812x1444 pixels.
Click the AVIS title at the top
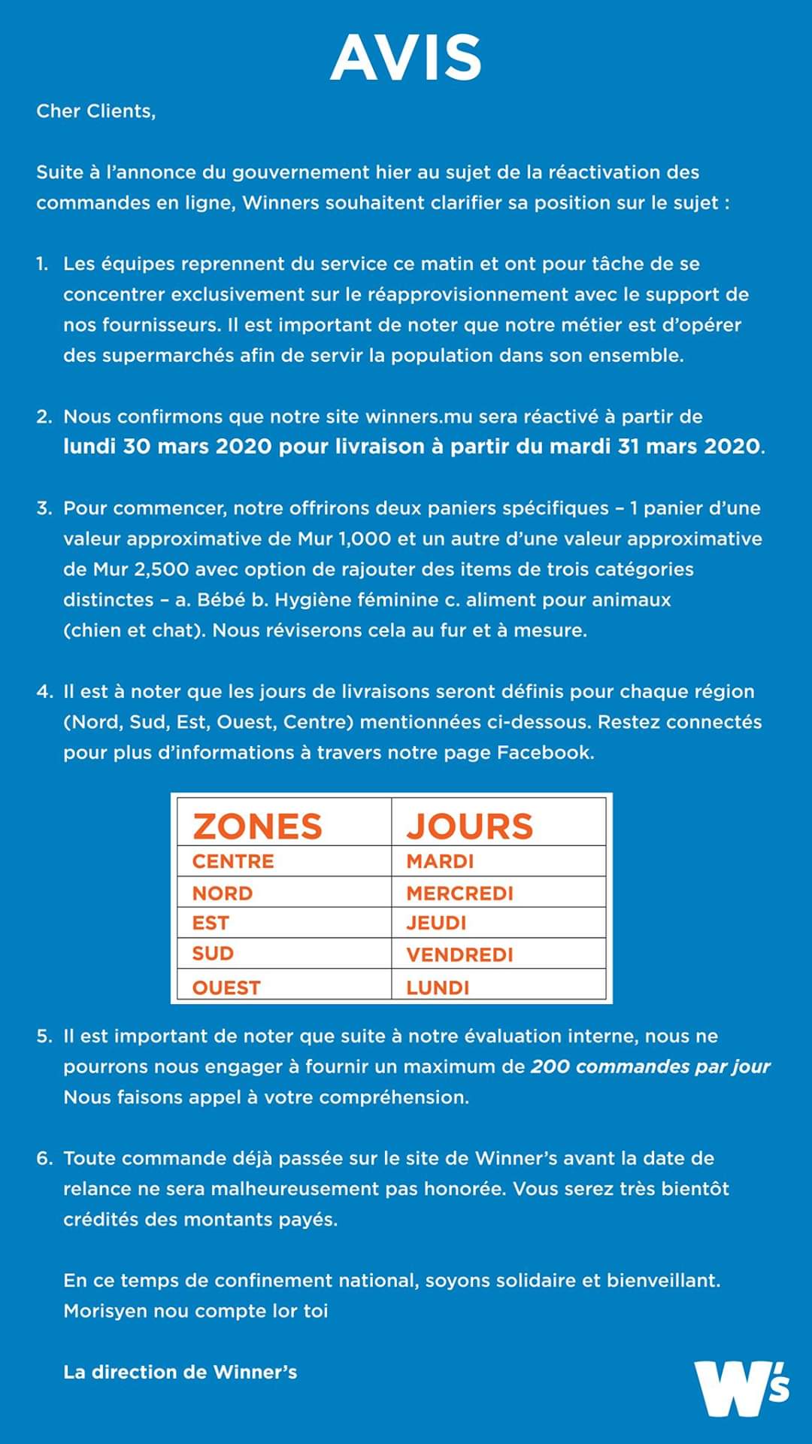tap(406, 58)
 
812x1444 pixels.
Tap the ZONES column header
tap(257, 826)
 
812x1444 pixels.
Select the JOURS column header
tap(470, 826)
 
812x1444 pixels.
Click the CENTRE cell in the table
tap(233, 861)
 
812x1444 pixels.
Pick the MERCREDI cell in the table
tap(459, 893)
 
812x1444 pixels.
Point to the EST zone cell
tap(211, 923)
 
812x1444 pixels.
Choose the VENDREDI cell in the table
tap(459, 954)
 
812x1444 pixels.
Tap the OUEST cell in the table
tap(226, 987)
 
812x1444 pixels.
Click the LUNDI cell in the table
tap(438, 987)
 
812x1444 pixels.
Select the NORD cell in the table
tap(223, 893)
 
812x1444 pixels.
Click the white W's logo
tap(741, 1388)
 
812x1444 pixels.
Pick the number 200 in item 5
tap(550, 1066)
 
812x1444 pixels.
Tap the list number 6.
tap(44, 1158)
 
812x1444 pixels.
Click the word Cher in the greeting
tap(58, 111)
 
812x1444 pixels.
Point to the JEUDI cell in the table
tap(436, 923)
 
